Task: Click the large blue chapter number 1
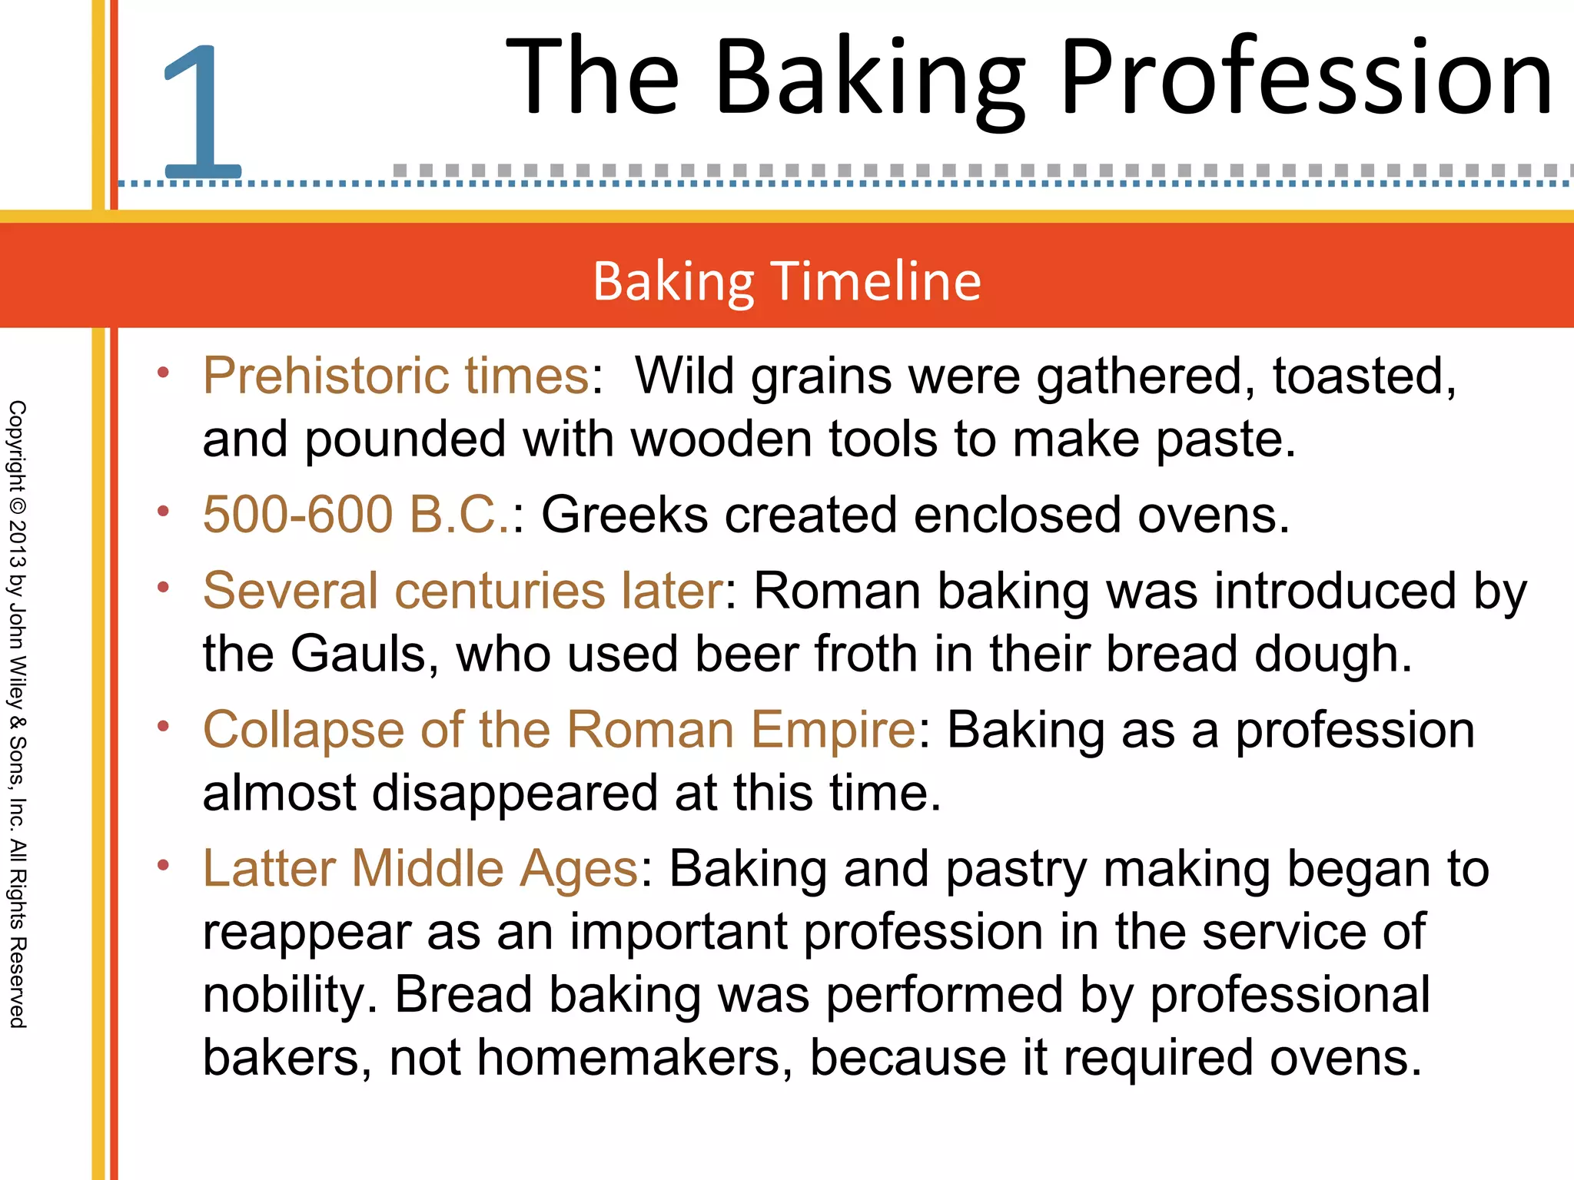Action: pyautogui.click(x=202, y=111)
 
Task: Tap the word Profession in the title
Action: pyautogui.click(x=1307, y=77)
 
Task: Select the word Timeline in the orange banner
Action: pyautogui.click(x=876, y=281)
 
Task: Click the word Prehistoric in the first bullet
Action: pyautogui.click(x=323, y=376)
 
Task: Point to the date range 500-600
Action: pyautogui.click(x=297, y=514)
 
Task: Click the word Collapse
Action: pyautogui.click(x=304, y=730)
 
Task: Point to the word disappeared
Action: pyautogui.click(x=515, y=793)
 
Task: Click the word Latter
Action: pyautogui.click(x=269, y=869)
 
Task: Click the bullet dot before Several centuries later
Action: pyautogui.click(x=163, y=588)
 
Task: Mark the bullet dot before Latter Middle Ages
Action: pyautogui.click(x=163, y=866)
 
